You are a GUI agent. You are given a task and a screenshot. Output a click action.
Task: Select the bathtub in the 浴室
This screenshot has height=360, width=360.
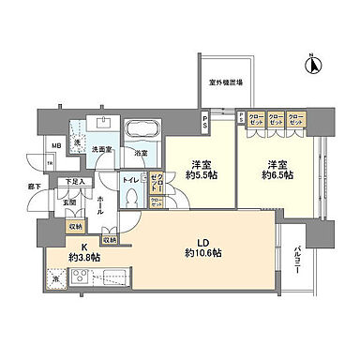[142, 130]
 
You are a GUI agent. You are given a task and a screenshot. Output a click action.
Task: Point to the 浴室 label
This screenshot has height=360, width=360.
[142, 151]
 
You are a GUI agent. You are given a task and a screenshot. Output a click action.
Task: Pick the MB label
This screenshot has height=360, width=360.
[57, 143]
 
